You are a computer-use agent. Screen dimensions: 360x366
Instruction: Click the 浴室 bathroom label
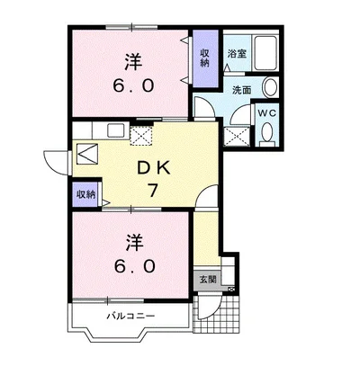click(x=237, y=54)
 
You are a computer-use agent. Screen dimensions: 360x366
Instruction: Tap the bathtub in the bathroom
click(x=265, y=53)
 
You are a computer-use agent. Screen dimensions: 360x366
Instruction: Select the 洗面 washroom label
click(x=242, y=90)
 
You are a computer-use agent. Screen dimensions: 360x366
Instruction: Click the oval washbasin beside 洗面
click(x=271, y=87)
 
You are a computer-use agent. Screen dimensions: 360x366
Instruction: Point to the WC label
click(x=267, y=113)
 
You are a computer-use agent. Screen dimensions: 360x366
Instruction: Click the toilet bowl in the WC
click(x=266, y=132)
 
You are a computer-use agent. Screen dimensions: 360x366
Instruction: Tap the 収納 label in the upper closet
click(x=205, y=58)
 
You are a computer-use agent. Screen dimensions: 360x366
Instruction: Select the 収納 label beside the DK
click(x=85, y=194)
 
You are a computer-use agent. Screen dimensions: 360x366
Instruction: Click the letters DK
click(x=153, y=169)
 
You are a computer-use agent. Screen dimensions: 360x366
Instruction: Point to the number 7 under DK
click(x=153, y=191)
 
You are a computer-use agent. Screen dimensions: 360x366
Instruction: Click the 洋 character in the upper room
click(x=133, y=62)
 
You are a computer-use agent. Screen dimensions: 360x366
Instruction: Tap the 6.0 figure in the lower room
click(x=134, y=265)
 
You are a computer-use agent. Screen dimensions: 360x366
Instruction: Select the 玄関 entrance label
click(x=208, y=280)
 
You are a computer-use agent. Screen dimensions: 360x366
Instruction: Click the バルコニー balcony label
click(x=131, y=316)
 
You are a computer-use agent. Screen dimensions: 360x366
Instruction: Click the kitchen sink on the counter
click(x=115, y=130)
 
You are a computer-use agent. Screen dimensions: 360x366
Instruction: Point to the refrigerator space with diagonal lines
click(x=87, y=154)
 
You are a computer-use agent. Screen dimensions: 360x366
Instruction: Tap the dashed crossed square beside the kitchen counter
click(x=141, y=136)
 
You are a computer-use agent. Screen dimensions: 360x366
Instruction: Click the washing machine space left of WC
click(x=237, y=137)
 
